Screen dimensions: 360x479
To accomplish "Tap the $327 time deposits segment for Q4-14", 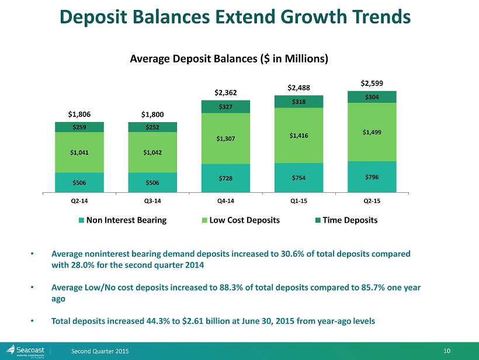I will click(x=225, y=106).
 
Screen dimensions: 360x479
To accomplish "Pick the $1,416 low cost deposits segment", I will click(x=298, y=136).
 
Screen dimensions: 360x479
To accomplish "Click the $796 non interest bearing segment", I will click(x=372, y=176).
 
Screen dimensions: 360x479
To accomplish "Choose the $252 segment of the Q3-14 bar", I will click(x=152, y=127).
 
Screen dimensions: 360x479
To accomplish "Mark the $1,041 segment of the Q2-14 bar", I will click(x=79, y=153).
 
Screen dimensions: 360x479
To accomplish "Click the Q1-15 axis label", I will click(x=298, y=200).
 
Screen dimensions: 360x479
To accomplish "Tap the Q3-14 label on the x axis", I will click(x=152, y=200).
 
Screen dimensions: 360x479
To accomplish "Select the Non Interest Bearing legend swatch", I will click(x=82, y=220).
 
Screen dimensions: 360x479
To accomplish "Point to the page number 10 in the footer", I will click(x=447, y=350).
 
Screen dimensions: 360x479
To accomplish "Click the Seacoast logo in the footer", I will click(x=27, y=349).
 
